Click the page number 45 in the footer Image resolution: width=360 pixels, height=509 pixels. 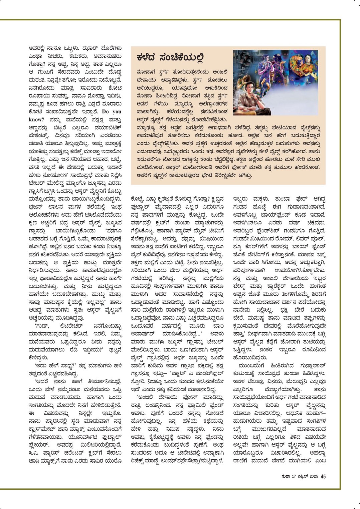pos(323,477)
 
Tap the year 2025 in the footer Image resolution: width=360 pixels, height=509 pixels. pos(314,477)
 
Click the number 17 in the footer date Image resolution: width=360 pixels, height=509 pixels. pos(294,477)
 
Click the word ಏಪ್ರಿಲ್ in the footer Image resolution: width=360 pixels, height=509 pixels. pos(303,477)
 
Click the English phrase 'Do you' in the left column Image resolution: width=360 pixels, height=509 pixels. pos(112,111)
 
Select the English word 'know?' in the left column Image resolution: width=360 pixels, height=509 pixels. pos(36,119)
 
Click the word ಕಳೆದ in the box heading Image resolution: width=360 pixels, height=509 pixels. pos(148,58)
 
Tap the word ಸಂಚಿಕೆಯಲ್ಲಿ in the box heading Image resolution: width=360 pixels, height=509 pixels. pos(183,58)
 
